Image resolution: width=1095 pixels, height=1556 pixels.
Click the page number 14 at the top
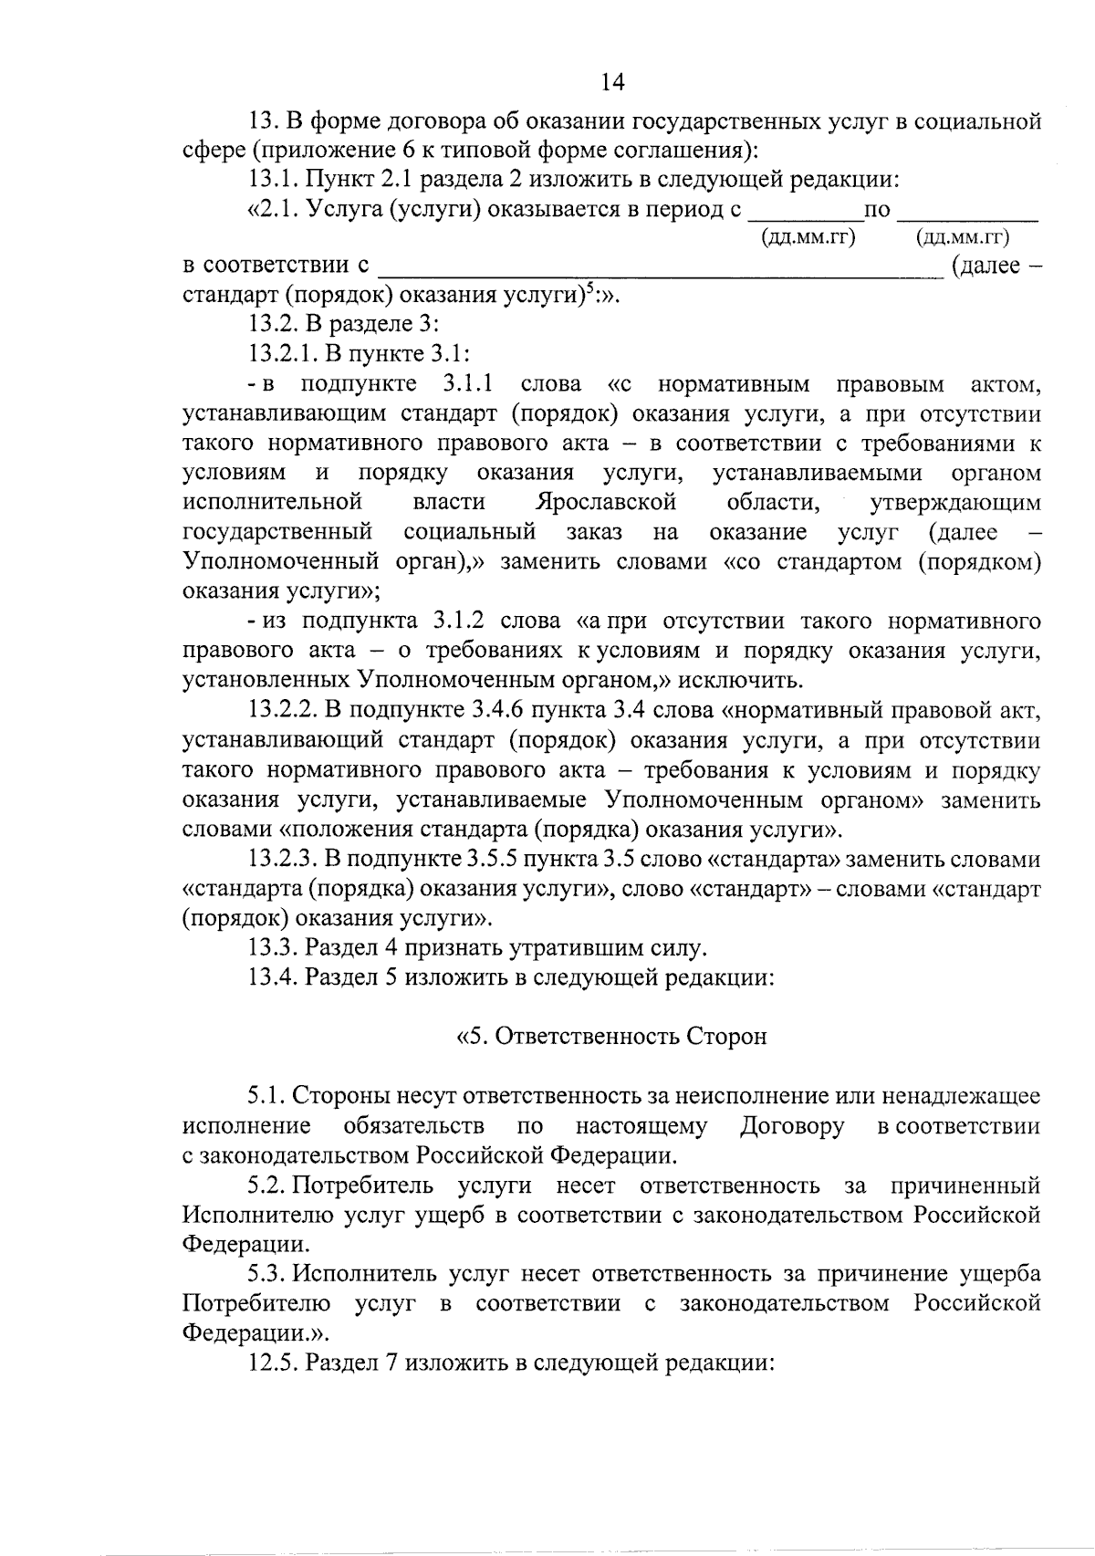coord(612,82)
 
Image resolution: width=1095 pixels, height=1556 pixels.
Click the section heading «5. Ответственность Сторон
coord(610,1037)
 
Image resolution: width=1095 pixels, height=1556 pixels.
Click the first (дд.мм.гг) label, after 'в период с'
coord(808,238)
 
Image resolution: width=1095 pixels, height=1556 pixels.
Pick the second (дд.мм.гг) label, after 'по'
coord(964,238)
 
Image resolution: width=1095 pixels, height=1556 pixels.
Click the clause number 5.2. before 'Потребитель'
coord(267,1186)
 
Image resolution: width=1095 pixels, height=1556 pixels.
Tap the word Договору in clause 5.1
coord(792,1126)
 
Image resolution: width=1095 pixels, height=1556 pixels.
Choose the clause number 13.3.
coord(273,948)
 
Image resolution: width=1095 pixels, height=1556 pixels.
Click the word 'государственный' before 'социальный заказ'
coord(277,532)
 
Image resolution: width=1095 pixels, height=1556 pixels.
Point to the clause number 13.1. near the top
coord(273,180)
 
